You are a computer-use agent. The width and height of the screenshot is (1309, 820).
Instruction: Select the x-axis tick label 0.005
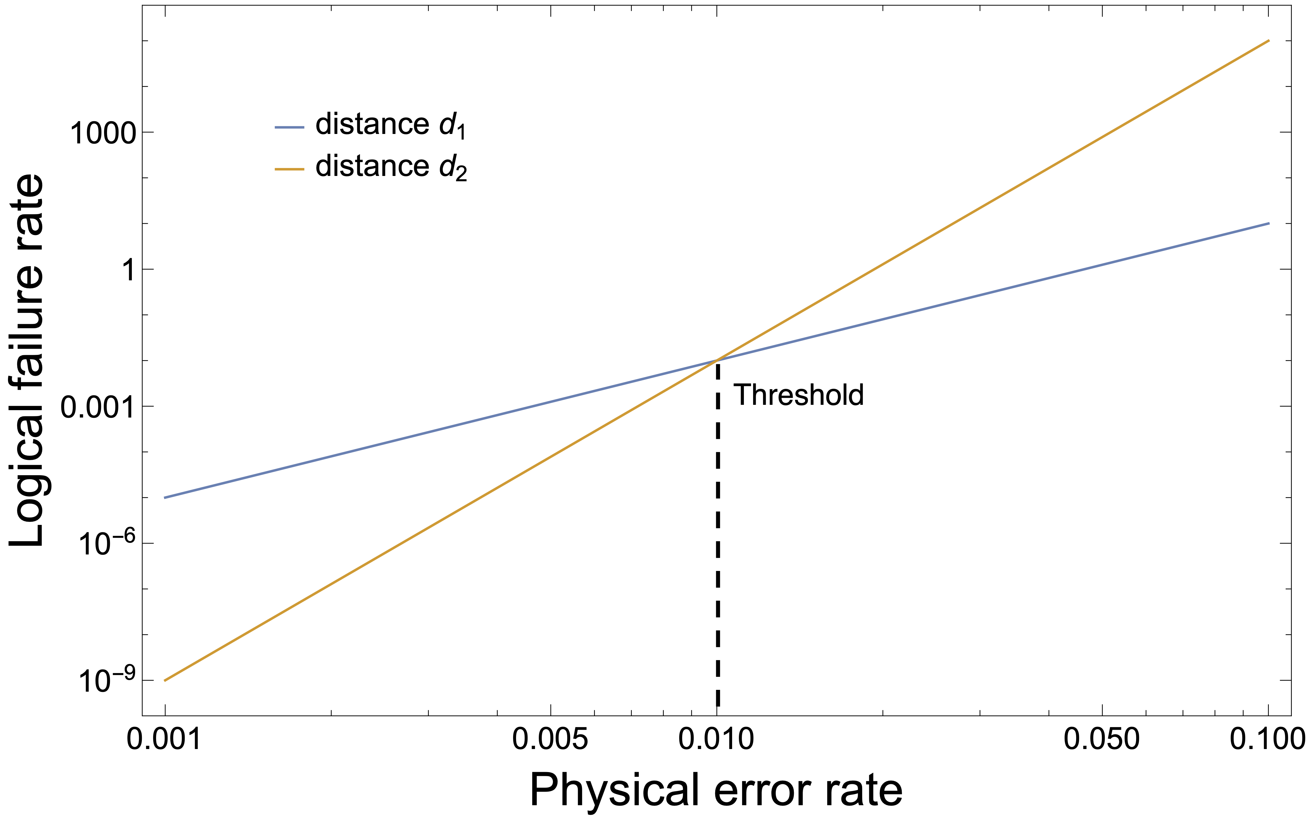[550, 739]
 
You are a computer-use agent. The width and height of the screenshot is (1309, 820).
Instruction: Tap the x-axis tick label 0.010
[716, 739]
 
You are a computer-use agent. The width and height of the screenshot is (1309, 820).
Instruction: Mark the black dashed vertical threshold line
[718, 542]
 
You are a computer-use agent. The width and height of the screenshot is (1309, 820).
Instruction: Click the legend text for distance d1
[390, 126]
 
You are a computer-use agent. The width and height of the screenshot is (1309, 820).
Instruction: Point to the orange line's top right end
[1268, 41]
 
